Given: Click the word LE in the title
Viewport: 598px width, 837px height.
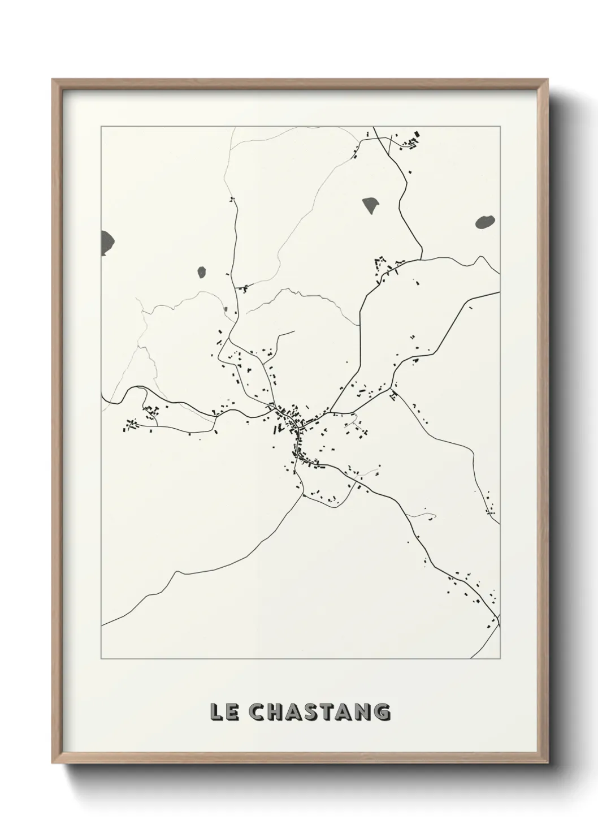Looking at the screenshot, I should click(223, 712).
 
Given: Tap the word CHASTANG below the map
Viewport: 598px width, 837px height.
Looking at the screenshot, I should click(319, 712).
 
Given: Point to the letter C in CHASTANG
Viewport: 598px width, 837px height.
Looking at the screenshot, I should click(257, 712).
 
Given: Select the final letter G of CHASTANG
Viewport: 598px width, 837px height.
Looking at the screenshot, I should click(382, 712).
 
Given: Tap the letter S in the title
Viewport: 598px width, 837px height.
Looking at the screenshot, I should click(313, 712).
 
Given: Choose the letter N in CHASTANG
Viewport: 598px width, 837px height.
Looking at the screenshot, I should click(365, 712).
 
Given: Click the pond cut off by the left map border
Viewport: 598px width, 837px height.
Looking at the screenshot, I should click(107, 243).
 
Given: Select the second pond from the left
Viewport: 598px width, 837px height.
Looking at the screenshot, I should click(201, 273).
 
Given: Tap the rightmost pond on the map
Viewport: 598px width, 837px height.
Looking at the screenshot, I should click(484, 222).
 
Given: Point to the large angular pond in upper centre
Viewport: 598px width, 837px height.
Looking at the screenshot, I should click(371, 205).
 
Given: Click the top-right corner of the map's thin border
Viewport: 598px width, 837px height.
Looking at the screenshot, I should click(500, 126).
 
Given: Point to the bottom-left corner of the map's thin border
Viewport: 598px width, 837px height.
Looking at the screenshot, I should click(101, 659).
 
